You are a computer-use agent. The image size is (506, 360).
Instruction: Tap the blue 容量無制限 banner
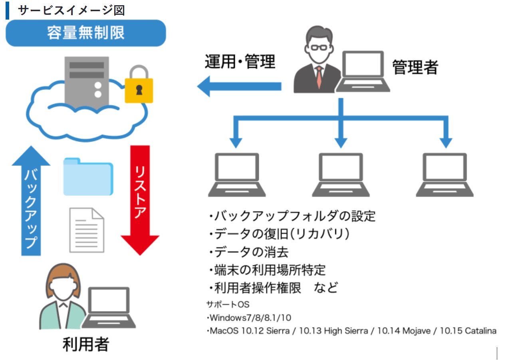tap(85, 33)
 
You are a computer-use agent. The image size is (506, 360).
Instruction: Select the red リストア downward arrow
tap(140, 200)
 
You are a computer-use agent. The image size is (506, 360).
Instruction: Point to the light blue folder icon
tap(88, 177)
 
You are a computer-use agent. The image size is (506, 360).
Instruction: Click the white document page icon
tap(87, 230)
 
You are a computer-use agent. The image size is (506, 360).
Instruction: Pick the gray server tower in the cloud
tap(87, 82)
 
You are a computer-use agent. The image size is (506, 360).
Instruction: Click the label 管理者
tap(415, 67)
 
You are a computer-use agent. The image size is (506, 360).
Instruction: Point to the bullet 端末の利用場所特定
tap(267, 270)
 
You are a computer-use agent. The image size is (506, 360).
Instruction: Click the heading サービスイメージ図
tap(71, 10)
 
